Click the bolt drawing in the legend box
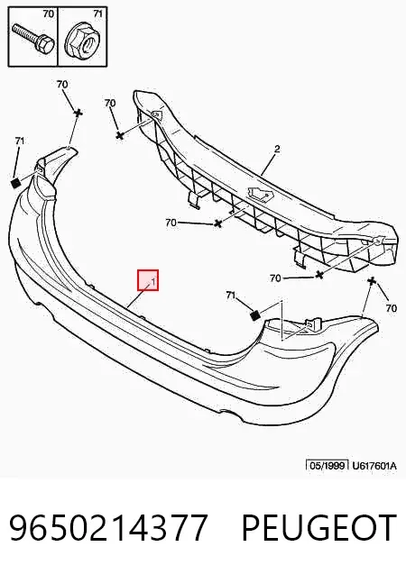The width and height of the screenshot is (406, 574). click(33, 37)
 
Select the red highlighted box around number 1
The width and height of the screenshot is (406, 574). click(148, 280)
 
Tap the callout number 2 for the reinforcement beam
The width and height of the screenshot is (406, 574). click(277, 149)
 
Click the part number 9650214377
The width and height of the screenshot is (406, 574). click(109, 527)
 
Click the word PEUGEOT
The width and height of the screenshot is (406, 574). click(319, 527)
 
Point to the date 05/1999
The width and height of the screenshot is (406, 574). click(328, 466)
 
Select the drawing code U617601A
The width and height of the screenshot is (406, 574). click(374, 466)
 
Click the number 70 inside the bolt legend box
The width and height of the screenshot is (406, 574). click(49, 14)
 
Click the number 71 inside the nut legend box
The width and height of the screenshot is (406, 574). click(97, 14)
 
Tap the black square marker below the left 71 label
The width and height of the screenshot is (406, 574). click(16, 183)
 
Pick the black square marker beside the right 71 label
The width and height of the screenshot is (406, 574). click(255, 315)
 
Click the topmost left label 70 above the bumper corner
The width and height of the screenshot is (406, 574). click(62, 84)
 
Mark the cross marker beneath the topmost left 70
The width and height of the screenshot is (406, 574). click(78, 113)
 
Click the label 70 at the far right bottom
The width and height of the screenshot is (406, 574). click(392, 308)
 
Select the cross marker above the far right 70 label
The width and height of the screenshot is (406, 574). click(372, 281)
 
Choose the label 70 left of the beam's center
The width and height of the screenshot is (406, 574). click(171, 223)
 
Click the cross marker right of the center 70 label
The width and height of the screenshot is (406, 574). click(218, 223)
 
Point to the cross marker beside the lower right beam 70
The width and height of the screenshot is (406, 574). click(319, 275)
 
